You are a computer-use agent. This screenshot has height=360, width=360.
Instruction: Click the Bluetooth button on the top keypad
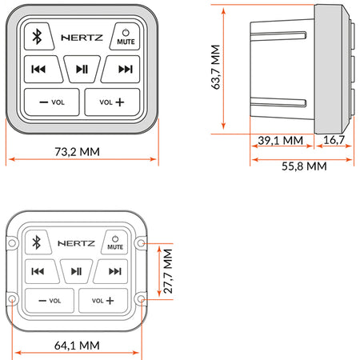pos(38,37)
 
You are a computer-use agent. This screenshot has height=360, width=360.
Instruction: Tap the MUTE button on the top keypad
pos(126,37)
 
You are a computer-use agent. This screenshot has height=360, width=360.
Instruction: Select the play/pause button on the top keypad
pos(82,69)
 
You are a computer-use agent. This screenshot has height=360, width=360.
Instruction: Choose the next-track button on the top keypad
pos(122,69)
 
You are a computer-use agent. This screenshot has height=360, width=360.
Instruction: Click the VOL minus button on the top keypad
pos(52,102)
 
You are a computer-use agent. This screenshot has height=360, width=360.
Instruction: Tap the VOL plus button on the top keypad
pos(112,102)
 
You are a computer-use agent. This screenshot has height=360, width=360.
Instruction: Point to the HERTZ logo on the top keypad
pos(82,38)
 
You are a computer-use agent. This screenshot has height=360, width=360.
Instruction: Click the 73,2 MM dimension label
pos(78,152)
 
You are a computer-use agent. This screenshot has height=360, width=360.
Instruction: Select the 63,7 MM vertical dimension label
pos(216,67)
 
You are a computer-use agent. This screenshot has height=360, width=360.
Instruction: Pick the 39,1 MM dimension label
pos(281,140)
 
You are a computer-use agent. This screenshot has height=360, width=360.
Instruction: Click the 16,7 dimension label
pos(334,140)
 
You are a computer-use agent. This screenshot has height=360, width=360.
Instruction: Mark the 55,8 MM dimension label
pos(304,166)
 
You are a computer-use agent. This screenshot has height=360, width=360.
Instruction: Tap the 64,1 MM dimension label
pos(77,346)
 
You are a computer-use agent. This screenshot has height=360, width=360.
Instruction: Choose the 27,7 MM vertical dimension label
pos(168,271)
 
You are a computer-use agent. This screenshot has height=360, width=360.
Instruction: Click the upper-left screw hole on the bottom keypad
pos(12,243)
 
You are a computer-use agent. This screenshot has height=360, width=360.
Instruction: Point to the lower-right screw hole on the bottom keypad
pos(142,299)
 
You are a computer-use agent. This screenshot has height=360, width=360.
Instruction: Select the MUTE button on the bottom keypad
pos(115,242)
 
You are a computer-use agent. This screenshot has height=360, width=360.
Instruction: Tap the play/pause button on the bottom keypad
pos(76,271)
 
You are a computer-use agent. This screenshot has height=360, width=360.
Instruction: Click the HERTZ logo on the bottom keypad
pos(76,243)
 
